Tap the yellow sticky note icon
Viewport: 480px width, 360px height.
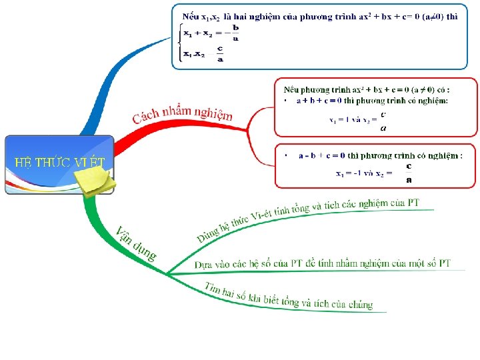coord(95,181)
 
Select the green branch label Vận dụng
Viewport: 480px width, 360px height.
coord(137,243)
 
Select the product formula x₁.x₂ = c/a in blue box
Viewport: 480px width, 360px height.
coord(204,55)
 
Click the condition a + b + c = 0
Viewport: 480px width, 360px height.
coord(319,101)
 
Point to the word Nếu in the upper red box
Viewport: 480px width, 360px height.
coord(291,89)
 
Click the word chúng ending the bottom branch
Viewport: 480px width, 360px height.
coord(360,305)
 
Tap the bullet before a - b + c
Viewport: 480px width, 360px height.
coord(285,156)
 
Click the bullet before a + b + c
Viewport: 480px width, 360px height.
coord(285,101)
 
